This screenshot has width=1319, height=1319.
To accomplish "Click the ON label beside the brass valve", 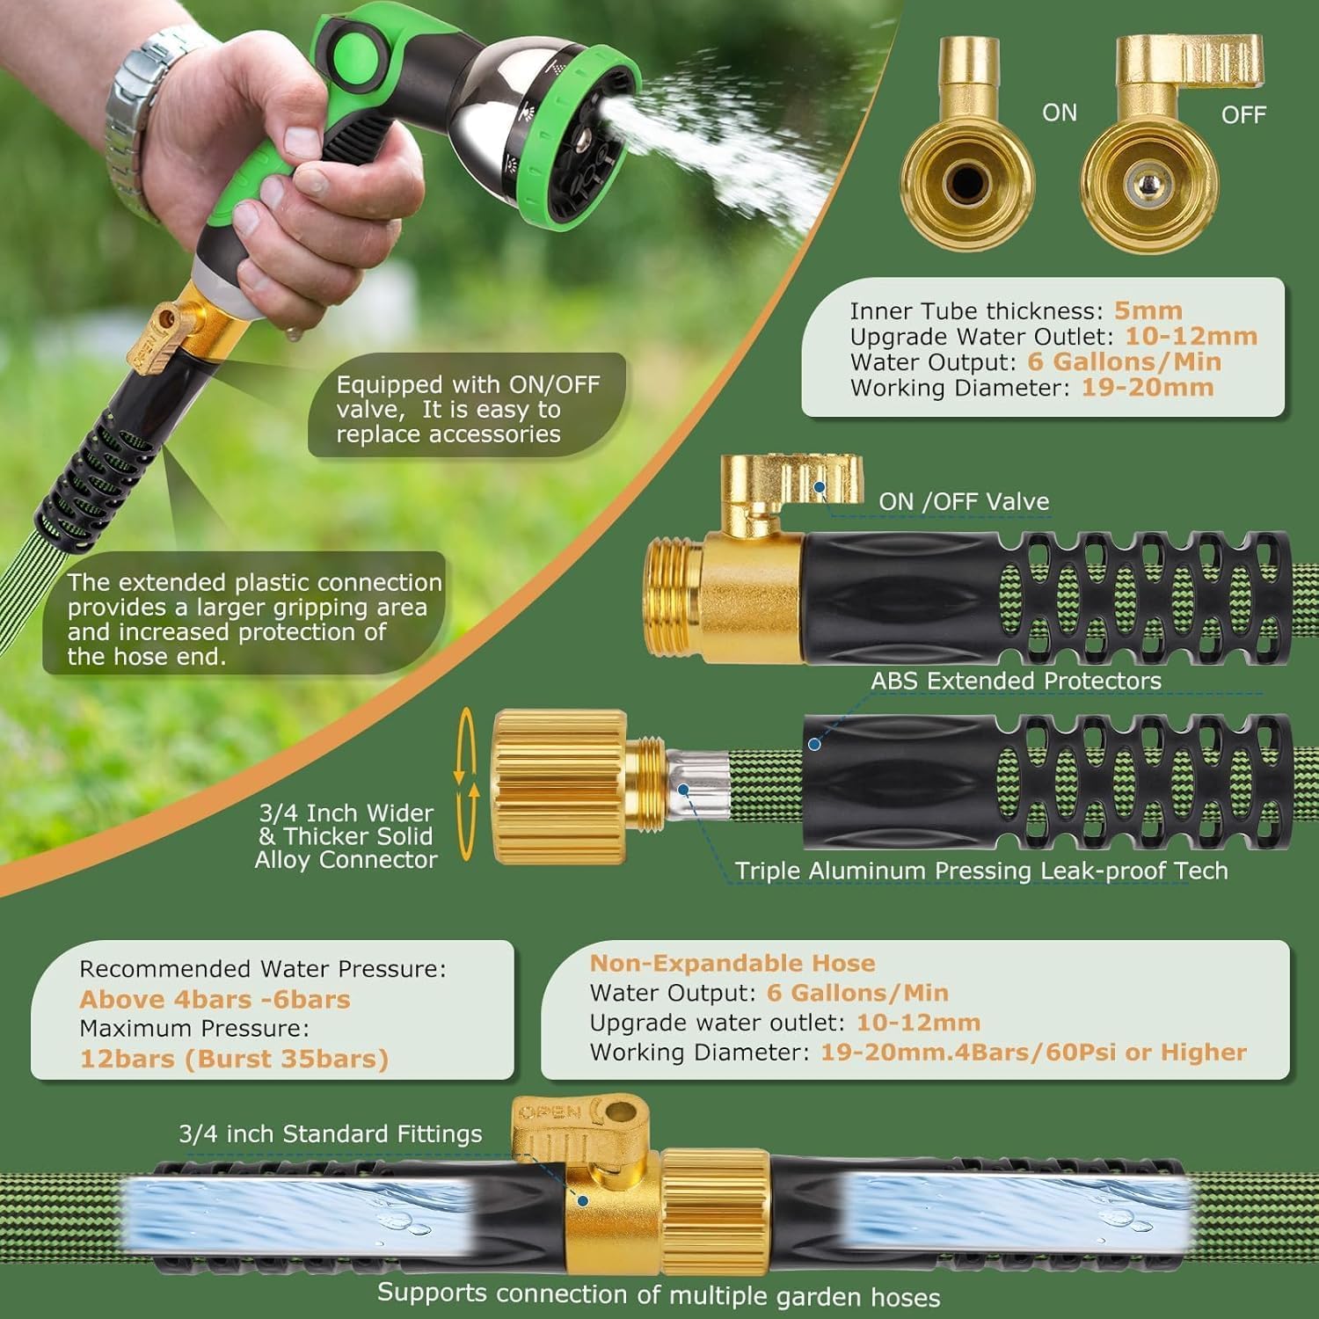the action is tap(1060, 113).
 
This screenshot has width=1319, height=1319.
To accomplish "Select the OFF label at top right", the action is tap(1243, 114).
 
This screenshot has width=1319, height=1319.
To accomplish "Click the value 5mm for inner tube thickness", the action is tap(1148, 310).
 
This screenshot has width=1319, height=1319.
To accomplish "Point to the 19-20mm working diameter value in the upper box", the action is tap(1148, 387).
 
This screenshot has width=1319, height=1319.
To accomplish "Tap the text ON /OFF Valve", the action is tap(964, 501).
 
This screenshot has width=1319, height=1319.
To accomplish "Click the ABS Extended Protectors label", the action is tap(1016, 681).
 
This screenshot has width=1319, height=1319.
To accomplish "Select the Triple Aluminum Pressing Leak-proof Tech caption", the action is tap(981, 871).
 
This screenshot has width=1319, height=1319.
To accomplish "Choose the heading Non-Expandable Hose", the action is tap(732, 963).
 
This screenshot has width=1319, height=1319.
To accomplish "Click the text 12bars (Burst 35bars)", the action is tap(234, 1058).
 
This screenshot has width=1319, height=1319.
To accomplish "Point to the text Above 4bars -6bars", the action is tap(215, 999).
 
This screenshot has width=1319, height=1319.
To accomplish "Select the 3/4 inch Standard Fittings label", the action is tap(330, 1134).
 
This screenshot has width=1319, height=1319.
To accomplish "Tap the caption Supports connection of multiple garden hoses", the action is tap(659, 1294).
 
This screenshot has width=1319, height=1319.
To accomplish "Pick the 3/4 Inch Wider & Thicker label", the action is tap(346, 825).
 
